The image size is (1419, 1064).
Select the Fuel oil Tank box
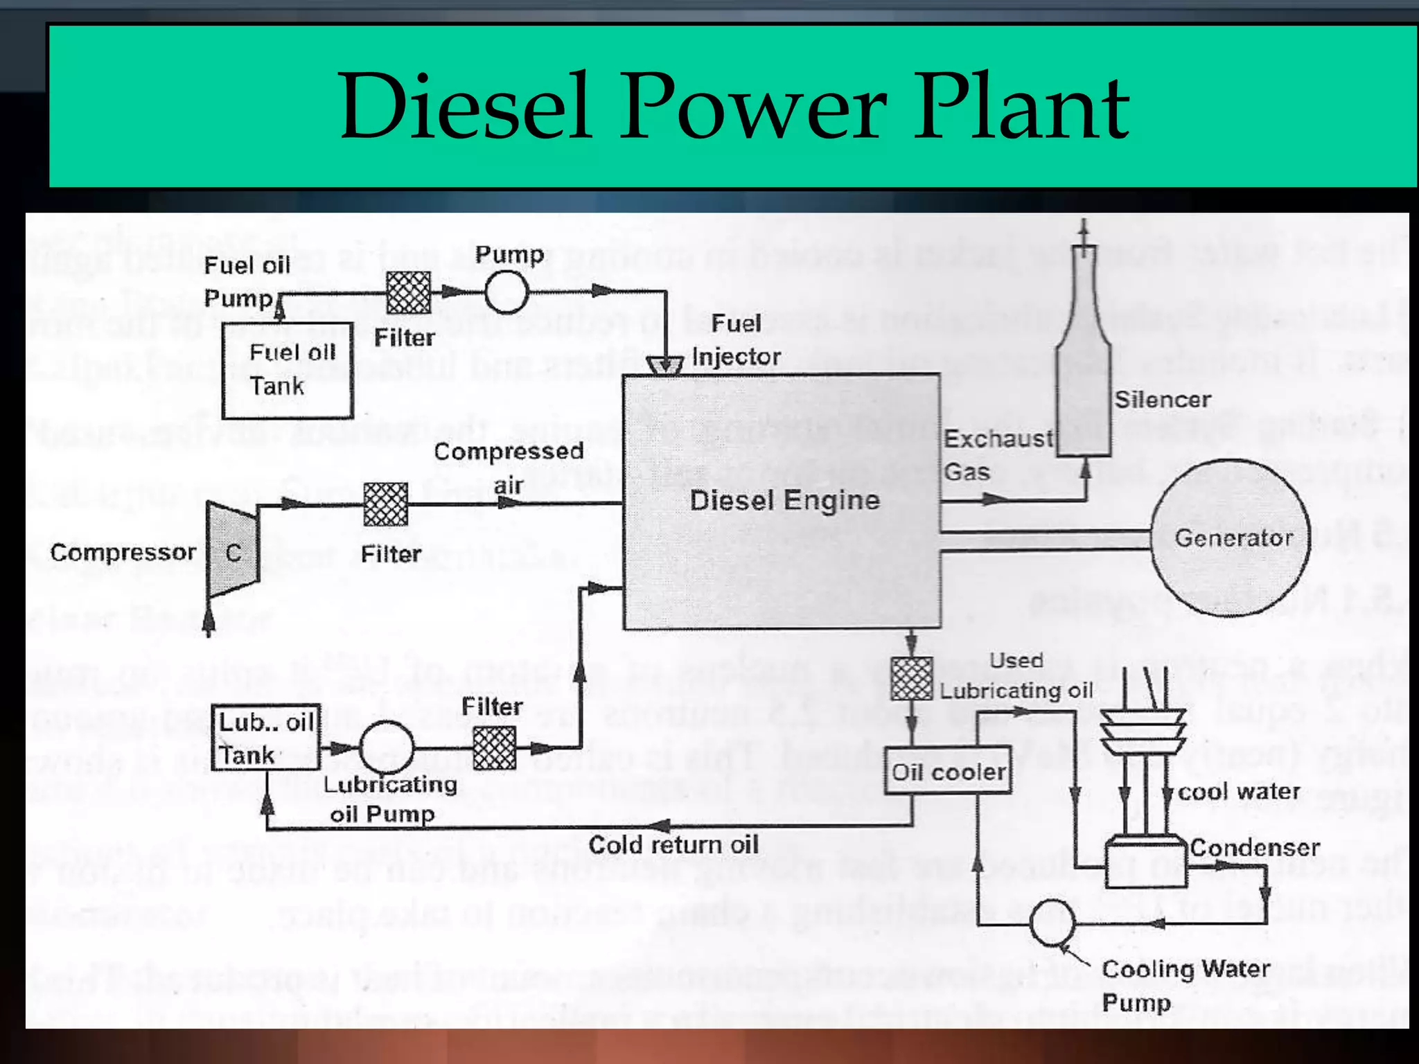tap(288, 370)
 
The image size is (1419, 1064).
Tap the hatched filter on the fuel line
tap(408, 292)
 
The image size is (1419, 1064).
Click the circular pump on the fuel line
tap(506, 292)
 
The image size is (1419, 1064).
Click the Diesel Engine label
tap(784, 500)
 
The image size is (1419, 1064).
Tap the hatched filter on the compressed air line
tap(386, 504)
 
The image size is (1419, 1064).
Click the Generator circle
tap(1231, 538)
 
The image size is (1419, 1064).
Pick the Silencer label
tap(1162, 400)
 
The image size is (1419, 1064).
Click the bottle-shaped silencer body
tap(1084, 388)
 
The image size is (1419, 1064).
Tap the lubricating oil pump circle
tap(387, 747)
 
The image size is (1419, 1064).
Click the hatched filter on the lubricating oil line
tap(494, 747)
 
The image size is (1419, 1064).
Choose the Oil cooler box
tap(947, 771)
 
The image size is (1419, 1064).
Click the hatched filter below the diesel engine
tap(911, 679)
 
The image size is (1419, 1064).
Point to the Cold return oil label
tap(673, 844)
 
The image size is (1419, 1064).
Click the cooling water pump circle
tap(1052, 922)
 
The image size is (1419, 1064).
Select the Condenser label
tap(1254, 847)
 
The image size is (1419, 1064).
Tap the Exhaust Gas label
tap(996, 454)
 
